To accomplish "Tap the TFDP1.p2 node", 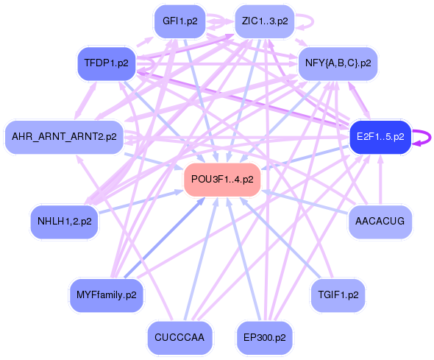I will tap(106, 63).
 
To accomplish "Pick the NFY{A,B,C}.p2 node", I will tap(338, 63).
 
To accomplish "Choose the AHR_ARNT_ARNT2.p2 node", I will tap(64, 136).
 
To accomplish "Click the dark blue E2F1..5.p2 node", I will tap(380, 136).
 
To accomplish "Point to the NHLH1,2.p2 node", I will tap(65, 220).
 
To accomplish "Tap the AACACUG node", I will tap(380, 220).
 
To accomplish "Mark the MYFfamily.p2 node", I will tap(106, 294).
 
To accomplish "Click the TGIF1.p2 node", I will tap(338, 294).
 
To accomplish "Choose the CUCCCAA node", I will tap(179, 338).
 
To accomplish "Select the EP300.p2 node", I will tap(265, 338).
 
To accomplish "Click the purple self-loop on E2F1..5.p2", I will tap(424, 137).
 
